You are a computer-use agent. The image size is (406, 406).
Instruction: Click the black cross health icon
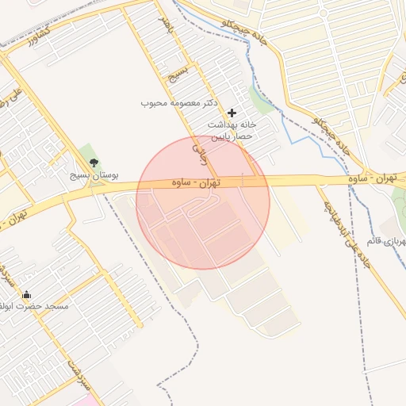(x=232, y=113)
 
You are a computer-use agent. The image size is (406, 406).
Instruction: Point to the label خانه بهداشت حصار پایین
(x=233, y=131)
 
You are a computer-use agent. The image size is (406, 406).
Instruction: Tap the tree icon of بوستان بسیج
(x=94, y=163)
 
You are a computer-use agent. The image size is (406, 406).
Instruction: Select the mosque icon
(x=26, y=294)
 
